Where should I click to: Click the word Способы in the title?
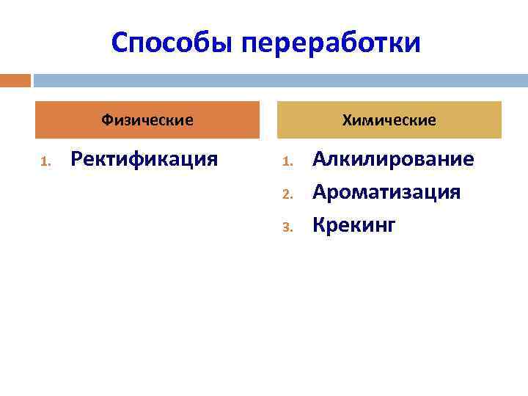click(172, 43)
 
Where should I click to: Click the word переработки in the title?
click(331, 43)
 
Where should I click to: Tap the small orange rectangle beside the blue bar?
click(15, 80)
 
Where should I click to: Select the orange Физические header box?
click(147, 120)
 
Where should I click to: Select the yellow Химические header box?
click(389, 120)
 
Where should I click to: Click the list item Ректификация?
click(144, 159)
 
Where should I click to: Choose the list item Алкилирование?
click(393, 159)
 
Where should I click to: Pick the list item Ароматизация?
click(386, 192)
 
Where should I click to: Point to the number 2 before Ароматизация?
click(287, 195)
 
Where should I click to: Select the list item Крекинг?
click(353, 225)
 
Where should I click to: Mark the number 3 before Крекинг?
click(287, 228)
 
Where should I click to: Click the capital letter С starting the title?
click(121, 43)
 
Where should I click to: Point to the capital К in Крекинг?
click(319, 225)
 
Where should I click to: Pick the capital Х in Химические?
click(347, 120)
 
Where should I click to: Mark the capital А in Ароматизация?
click(320, 192)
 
